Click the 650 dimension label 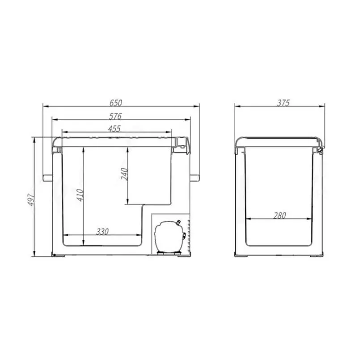115,103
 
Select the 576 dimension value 115,116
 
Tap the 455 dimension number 114,129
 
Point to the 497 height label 31,200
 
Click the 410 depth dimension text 80,195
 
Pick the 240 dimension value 124,174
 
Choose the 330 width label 102,232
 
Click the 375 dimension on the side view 284,103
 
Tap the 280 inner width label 280,216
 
